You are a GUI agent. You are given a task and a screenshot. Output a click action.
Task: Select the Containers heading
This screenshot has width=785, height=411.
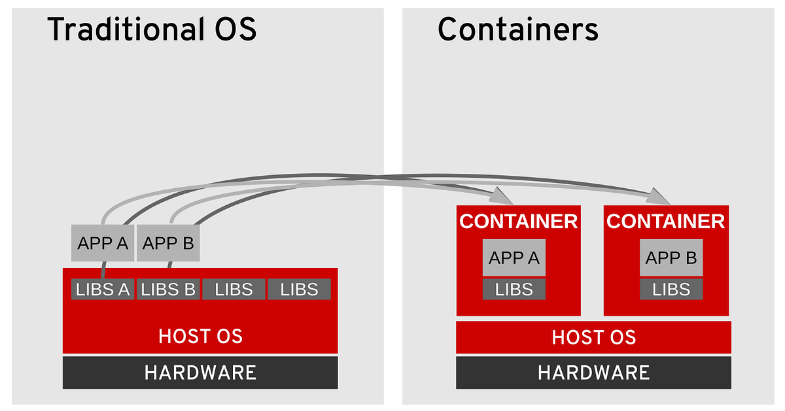pos(517,30)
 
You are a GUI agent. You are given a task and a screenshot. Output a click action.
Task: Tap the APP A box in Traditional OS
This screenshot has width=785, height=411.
pos(103,243)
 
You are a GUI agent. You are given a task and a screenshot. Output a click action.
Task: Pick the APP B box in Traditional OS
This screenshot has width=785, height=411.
pos(168,243)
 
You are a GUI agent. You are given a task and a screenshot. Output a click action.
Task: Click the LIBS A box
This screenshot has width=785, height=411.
pos(103,289)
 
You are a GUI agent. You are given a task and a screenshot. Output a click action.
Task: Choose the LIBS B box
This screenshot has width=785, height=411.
pos(168,289)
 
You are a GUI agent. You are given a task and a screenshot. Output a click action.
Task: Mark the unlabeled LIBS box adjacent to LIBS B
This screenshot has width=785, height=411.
pos(234,289)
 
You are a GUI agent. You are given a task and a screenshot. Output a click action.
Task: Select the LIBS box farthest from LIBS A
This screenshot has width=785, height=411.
pos(299,289)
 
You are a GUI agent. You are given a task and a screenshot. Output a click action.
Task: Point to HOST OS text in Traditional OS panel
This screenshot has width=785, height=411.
pos(200,337)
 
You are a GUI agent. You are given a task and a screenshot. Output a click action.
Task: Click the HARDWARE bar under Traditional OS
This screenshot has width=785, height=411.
pos(200,372)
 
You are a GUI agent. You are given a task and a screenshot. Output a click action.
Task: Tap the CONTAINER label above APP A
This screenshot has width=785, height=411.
pos(518,222)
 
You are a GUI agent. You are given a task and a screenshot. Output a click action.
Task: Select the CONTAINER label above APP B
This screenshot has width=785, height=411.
pos(665,222)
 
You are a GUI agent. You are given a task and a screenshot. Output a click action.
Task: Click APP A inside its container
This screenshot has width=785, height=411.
pos(514,257)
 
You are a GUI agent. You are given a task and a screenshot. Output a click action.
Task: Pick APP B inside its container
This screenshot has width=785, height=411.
pos(671,257)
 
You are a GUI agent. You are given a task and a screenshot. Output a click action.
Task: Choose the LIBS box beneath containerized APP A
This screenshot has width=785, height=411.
pos(514,289)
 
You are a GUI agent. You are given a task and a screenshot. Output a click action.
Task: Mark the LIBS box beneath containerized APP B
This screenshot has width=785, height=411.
pos(671,289)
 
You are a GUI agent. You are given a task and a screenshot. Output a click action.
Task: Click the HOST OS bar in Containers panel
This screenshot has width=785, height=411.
pos(593,337)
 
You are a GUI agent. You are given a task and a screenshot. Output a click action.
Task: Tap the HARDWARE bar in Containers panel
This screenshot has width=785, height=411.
pos(593,372)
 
